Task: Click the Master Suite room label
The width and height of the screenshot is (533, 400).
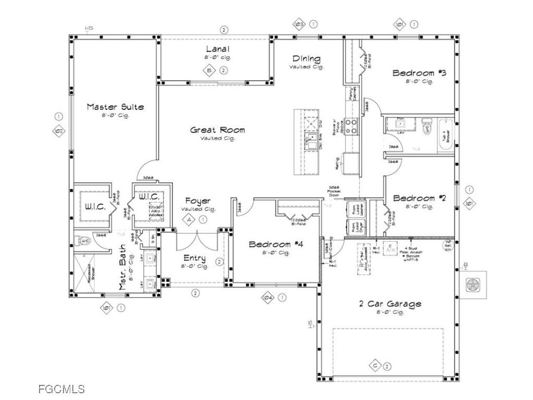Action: click(115, 107)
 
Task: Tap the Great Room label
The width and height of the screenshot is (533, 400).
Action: click(217, 130)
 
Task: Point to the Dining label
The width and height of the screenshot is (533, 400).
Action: click(306, 59)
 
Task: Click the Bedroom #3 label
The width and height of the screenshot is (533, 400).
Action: click(420, 73)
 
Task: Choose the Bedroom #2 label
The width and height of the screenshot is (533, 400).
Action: click(420, 198)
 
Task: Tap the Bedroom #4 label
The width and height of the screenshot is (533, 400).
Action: click(276, 244)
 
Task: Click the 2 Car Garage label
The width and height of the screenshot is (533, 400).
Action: click(390, 304)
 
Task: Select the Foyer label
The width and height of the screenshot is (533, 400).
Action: click(198, 201)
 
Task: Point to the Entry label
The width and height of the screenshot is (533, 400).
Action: click(194, 258)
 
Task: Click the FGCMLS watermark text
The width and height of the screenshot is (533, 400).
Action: click(61, 389)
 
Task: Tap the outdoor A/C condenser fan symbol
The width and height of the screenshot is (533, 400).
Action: click(472, 285)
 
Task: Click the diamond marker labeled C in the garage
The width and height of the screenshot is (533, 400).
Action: click(376, 366)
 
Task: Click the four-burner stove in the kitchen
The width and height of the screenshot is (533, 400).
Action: click(351, 127)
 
